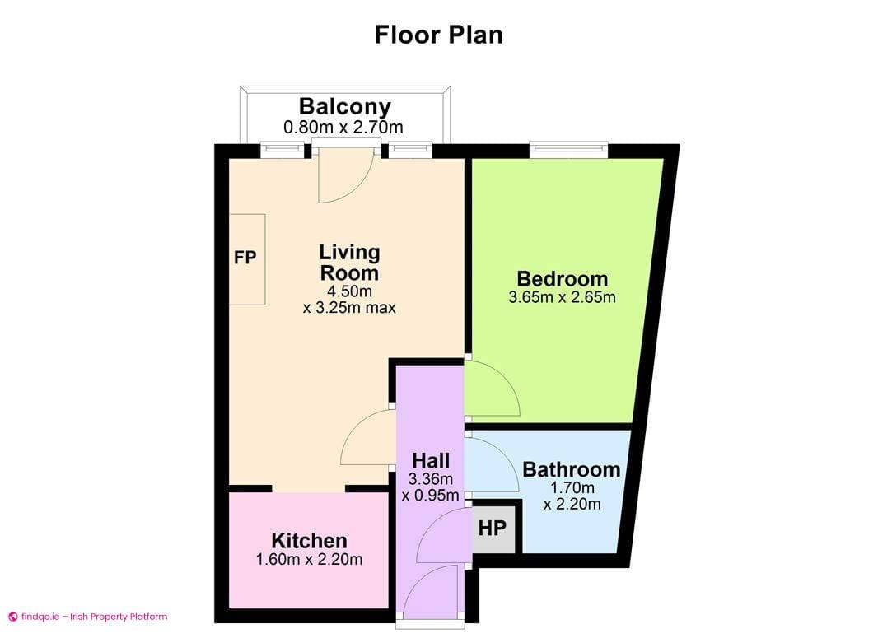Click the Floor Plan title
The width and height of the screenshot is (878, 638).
pyautogui.click(x=438, y=35)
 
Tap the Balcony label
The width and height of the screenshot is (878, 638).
pyautogui.click(x=344, y=106)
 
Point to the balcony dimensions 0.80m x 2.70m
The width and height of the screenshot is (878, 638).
pyautogui.click(x=343, y=127)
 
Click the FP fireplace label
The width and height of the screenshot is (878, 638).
pyautogui.click(x=245, y=258)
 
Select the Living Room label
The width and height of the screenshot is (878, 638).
pyautogui.click(x=349, y=262)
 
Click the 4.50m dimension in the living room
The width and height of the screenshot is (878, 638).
pyautogui.click(x=349, y=291)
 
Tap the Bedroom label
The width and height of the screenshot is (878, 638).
pyautogui.click(x=562, y=278)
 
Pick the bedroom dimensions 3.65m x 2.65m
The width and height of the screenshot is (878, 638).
pyautogui.click(x=562, y=297)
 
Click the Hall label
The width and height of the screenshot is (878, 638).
pyautogui.click(x=431, y=460)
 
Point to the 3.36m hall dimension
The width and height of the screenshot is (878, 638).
pyautogui.click(x=431, y=479)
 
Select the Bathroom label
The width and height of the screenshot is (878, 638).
pyautogui.click(x=572, y=470)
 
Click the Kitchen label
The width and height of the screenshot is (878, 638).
pyautogui.click(x=309, y=541)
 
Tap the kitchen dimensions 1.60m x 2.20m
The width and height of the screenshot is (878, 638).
pyautogui.click(x=309, y=560)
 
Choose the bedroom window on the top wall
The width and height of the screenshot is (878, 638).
pyautogui.click(x=568, y=150)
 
